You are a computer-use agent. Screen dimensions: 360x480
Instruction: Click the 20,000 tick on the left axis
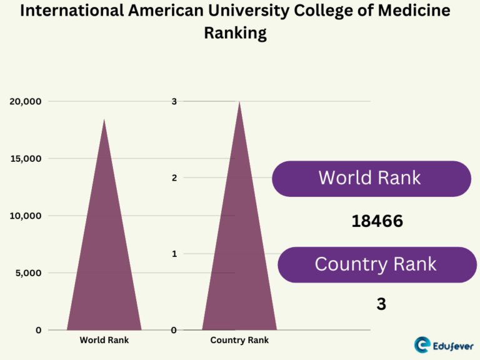pyautogui.click(x=25, y=101)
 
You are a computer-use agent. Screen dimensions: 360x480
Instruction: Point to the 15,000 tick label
pyautogui.click(x=25, y=159)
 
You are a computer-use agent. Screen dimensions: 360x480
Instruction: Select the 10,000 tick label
pyautogui.click(x=25, y=216)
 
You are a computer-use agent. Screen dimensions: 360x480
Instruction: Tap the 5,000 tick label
pyautogui.click(x=27, y=273)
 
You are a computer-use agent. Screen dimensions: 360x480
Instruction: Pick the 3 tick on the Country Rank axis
pyautogui.click(x=174, y=101)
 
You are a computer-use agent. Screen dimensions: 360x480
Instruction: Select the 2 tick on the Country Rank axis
pyautogui.click(x=174, y=177)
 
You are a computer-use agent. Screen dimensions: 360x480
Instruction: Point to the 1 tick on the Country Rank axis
pyautogui.click(x=174, y=254)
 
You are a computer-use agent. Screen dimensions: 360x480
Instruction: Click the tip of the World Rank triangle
pyautogui.click(x=104, y=119)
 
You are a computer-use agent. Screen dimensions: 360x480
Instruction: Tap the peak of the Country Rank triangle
pyautogui.click(x=239, y=102)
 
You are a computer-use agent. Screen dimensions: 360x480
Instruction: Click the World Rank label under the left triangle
pyautogui.click(x=104, y=341)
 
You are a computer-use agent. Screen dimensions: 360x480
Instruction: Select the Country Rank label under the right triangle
pyautogui.click(x=239, y=341)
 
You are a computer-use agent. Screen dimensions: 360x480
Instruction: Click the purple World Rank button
pyautogui.click(x=371, y=178)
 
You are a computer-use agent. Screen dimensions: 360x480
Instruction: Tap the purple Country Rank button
pyautogui.click(x=376, y=264)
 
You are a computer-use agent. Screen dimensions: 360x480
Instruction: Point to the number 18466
pyautogui.click(x=376, y=221)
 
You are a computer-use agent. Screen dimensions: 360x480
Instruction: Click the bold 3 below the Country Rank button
pyautogui.click(x=381, y=304)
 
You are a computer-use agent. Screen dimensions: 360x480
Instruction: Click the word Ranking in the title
pyautogui.click(x=235, y=32)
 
